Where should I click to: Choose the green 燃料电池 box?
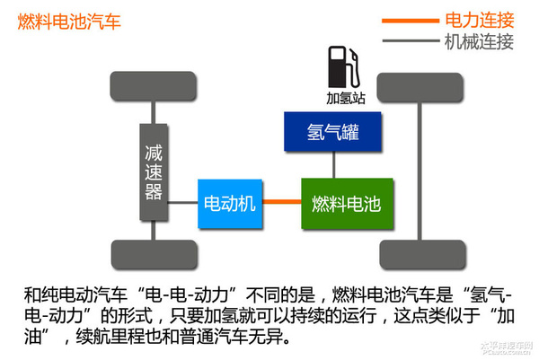346,203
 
